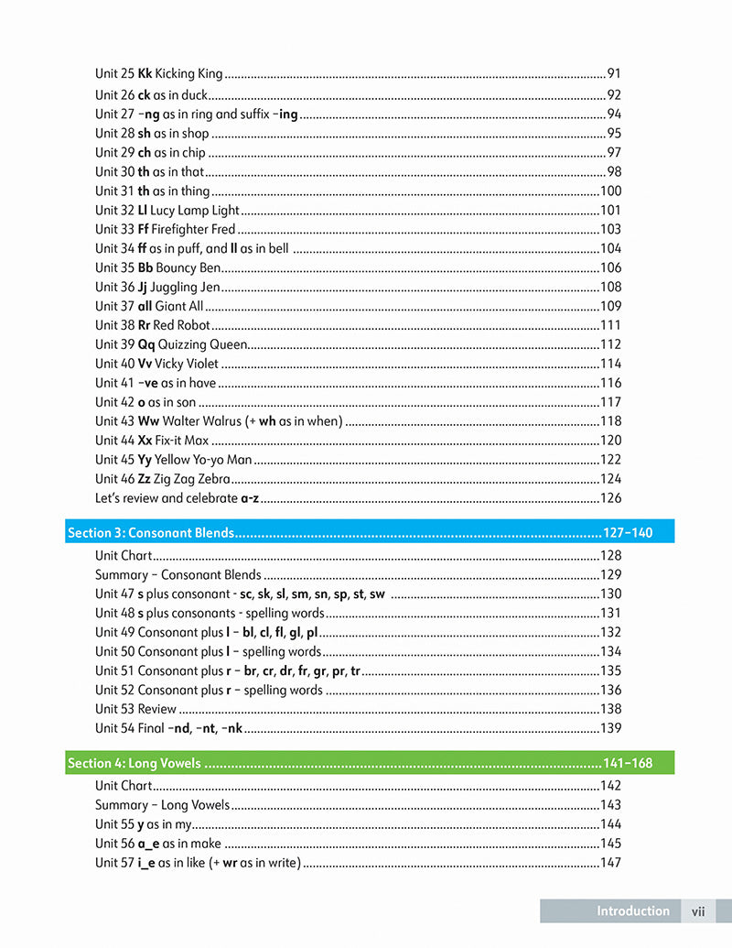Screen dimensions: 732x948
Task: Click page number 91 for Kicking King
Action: pos(614,73)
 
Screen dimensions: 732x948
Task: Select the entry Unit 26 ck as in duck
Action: pos(152,94)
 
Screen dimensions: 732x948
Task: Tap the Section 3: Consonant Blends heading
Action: pos(151,532)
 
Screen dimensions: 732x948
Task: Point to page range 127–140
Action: pos(628,532)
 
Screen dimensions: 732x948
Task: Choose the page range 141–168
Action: pos(628,763)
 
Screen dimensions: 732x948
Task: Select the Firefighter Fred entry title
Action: pos(193,229)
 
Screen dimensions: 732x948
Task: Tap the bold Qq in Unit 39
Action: pos(146,344)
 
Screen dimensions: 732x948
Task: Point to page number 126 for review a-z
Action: pos(610,498)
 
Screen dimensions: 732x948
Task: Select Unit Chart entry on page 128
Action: pos(124,555)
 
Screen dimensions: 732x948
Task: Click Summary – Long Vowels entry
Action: pos(162,805)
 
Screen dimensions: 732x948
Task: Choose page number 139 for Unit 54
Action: pos(610,728)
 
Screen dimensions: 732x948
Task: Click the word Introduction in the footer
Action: pos(633,911)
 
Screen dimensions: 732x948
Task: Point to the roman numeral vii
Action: pos(698,911)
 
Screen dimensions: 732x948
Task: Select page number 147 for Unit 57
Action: pos(610,863)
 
